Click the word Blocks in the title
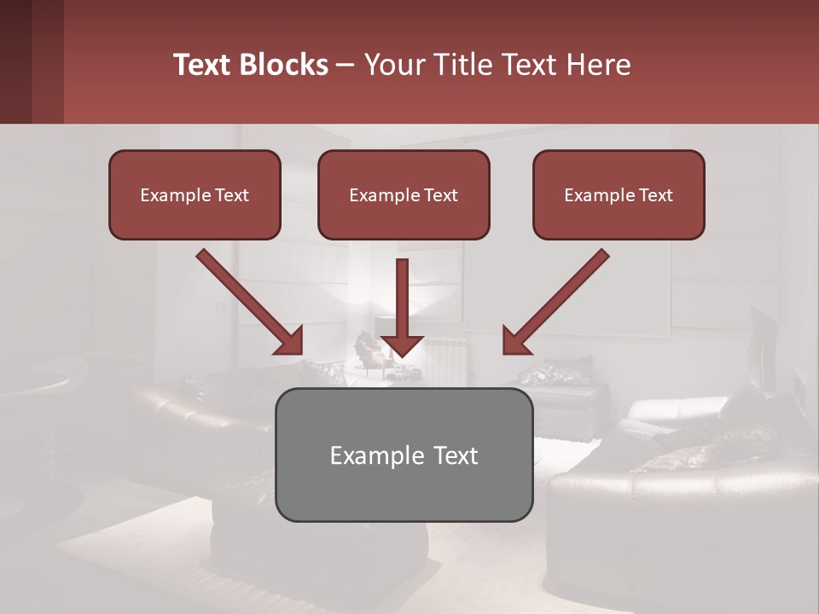[x=282, y=65]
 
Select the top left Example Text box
[x=195, y=194]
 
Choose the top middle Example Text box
[x=404, y=194]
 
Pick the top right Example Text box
[x=619, y=194]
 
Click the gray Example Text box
[x=404, y=455]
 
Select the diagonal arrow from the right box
[x=558, y=300]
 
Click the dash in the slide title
[x=346, y=65]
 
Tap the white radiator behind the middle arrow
[x=448, y=358]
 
